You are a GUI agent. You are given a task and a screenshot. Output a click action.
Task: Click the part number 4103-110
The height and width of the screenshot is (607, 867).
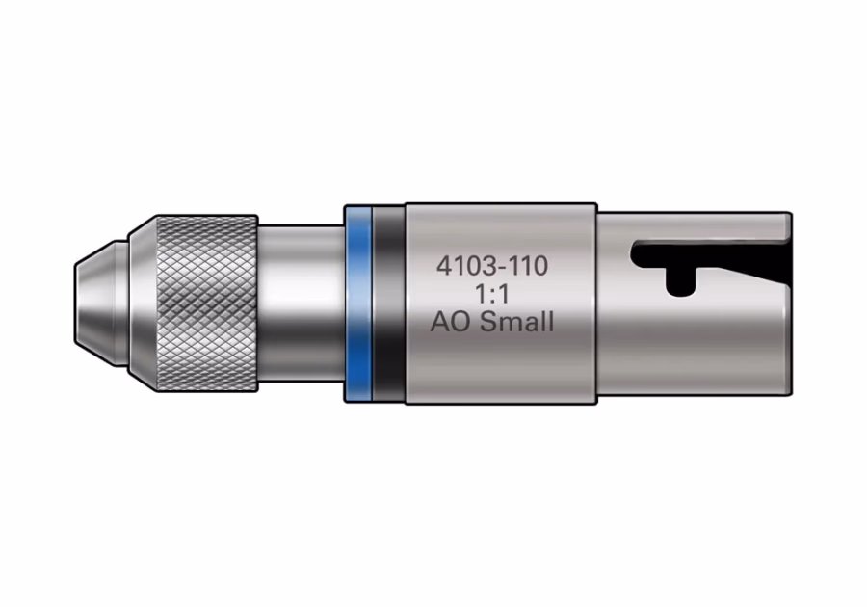coord(492,266)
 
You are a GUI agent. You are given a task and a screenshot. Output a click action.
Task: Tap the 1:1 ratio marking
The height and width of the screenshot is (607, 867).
coord(492,295)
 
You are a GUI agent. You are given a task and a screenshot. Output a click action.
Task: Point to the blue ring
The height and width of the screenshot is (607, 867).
coord(357,303)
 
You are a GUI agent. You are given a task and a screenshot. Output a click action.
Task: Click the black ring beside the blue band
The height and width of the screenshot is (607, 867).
coord(389,303)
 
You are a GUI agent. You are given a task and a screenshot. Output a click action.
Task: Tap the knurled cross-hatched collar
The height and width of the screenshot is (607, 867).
coord(207,303)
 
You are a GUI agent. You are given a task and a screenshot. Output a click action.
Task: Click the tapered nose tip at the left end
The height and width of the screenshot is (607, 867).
coord(95,303)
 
